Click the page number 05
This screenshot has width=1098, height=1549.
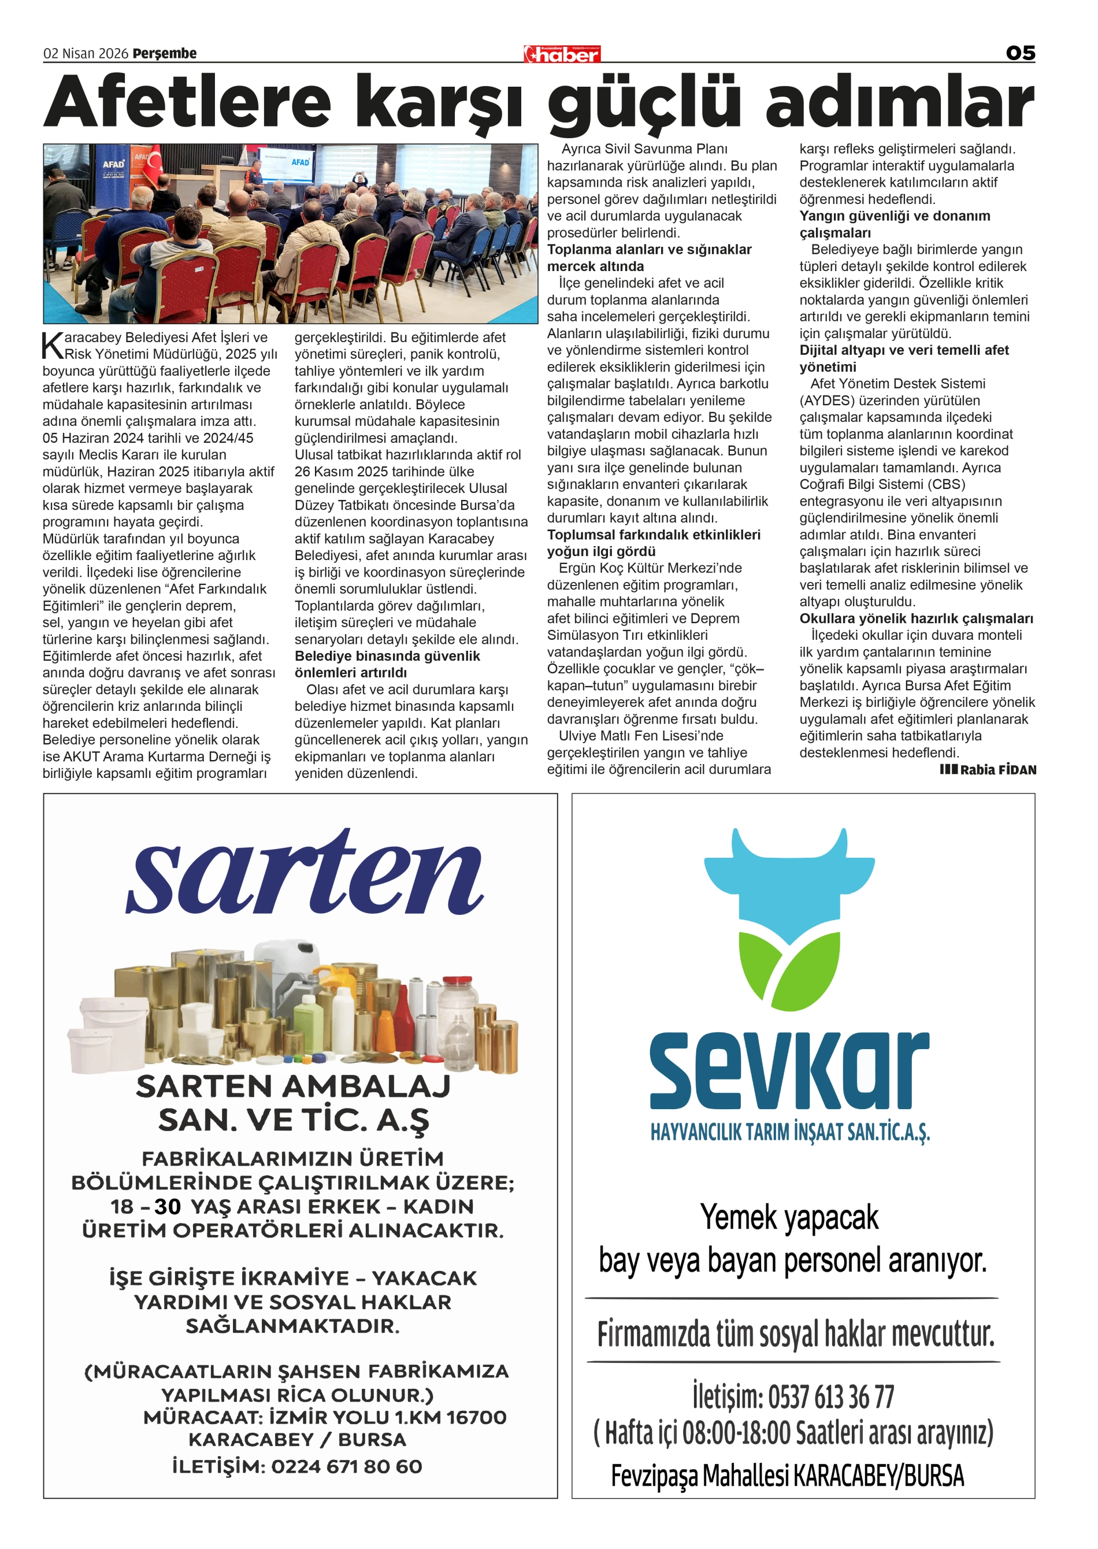1019,53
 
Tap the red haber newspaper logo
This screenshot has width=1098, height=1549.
562,54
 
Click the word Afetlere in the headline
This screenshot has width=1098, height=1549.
187,102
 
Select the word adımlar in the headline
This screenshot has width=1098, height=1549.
899,102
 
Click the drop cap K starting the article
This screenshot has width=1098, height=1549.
52,346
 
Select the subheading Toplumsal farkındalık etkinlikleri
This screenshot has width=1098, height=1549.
653,535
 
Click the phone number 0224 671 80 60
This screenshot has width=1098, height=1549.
346,1466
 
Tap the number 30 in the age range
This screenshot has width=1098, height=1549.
167,1206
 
